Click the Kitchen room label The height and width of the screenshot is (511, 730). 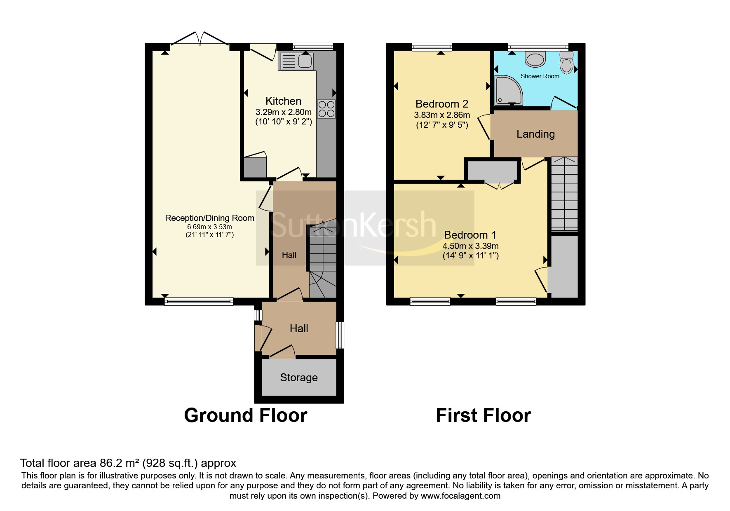tap(283, 101)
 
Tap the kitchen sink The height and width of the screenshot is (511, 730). tap(296, 61)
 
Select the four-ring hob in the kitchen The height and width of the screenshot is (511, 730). tap(326, 109)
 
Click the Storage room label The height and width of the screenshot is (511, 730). tap(299, 377)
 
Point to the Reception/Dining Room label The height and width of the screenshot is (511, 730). tap(210, 218)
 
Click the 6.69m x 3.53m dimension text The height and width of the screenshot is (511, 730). tap(210, 227)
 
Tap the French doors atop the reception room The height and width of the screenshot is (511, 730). tap(200, 38)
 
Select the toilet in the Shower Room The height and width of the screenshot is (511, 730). tap(567, 62)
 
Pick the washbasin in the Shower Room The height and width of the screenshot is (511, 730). tap(535, 59)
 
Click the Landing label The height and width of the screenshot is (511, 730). tap(535, 134)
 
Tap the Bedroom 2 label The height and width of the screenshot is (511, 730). tap(442, 104)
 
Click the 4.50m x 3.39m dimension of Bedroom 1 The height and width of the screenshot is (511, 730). tap(471, 246)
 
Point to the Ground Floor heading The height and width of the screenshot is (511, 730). tap(246, 415)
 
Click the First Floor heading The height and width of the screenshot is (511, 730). tap(484, 415)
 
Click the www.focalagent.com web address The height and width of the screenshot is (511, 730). tap(460, 496)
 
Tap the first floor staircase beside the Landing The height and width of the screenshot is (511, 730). tap(564, 194)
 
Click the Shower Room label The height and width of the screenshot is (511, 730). tap(540, 76)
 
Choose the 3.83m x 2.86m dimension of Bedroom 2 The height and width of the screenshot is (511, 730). tap(442, 115)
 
